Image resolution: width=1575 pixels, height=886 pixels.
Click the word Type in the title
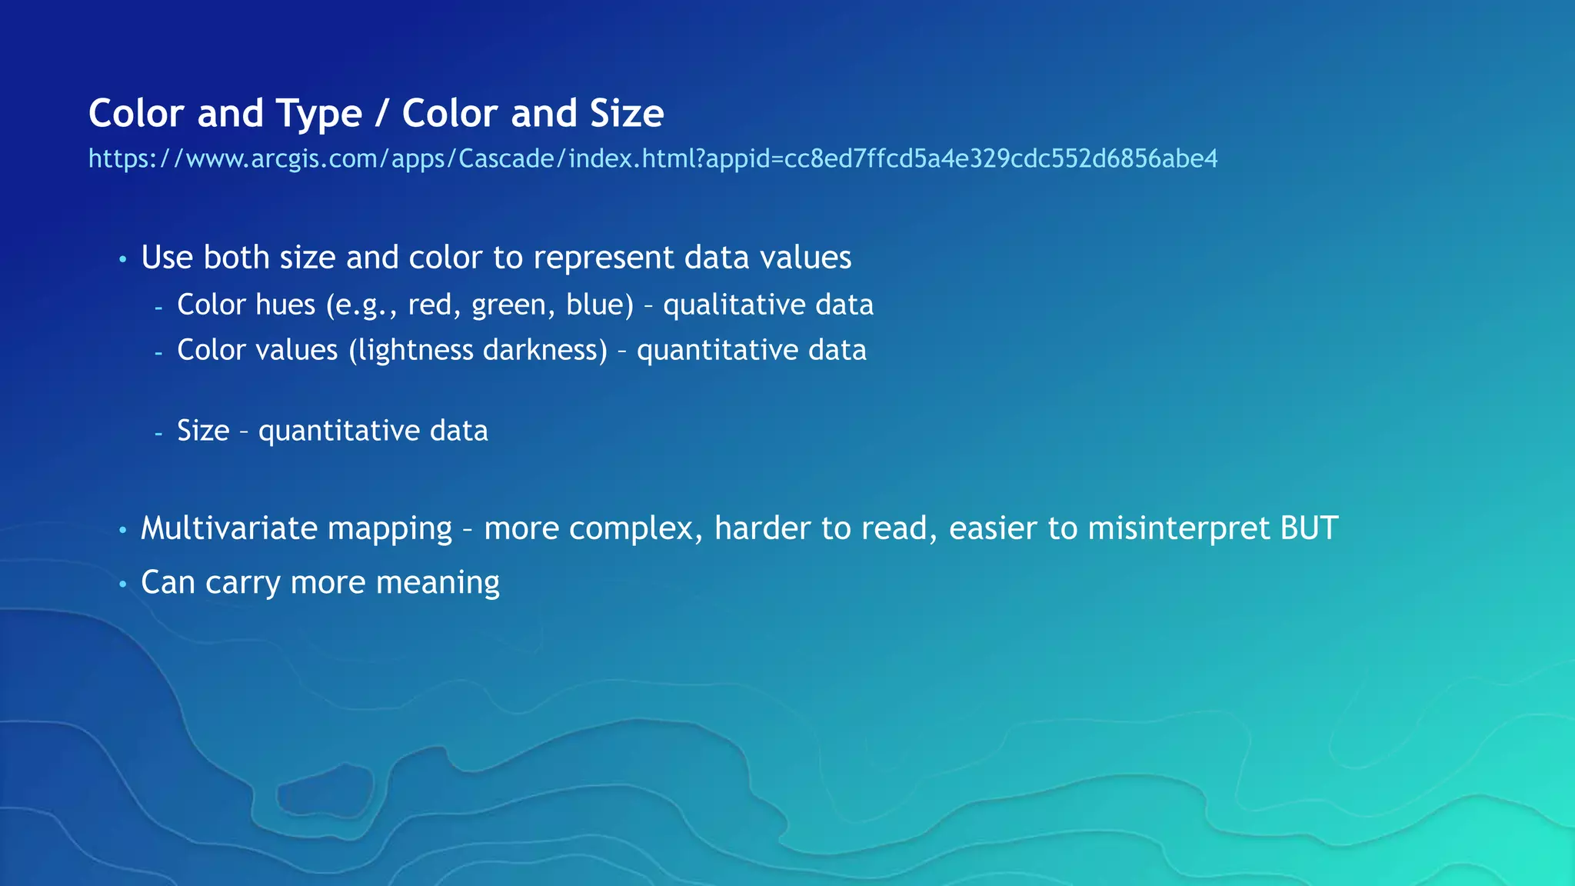tap(318, 114)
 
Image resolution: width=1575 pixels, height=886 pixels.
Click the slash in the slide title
tap(382, 114)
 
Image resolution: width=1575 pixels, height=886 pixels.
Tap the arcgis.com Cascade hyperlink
tap(653, 158)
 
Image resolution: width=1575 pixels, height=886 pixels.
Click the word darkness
tap(544, 351)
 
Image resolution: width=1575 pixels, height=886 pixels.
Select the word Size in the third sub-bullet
tap(203, 431)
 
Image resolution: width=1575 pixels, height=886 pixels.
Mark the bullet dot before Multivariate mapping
tap(122, 531)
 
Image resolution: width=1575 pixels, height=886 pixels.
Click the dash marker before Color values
tap(158, 353)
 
